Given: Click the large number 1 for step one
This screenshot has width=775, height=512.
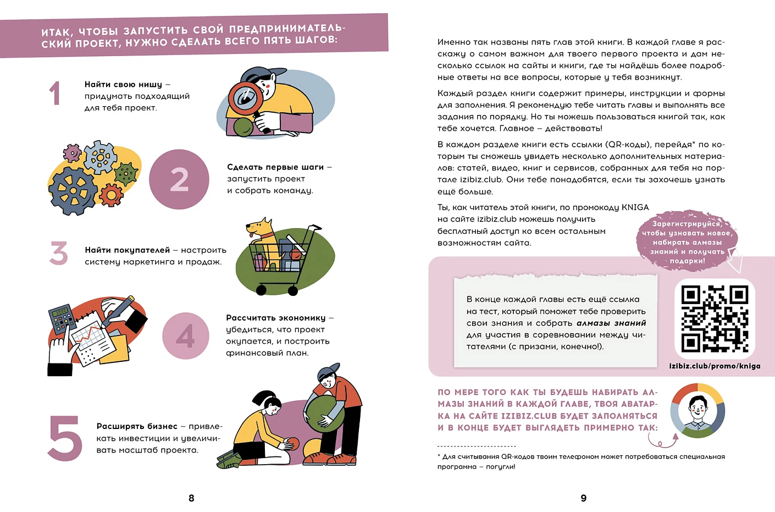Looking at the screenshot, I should [x=54, y=93].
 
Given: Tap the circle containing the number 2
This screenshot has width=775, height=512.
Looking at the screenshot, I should [x=179, y=179].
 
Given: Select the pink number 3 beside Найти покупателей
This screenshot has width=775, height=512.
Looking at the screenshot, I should [x=59, y=253].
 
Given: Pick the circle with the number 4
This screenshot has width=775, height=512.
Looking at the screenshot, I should [x=186, y=335].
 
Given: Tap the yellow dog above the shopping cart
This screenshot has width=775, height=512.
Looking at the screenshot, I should [x=261, y=230].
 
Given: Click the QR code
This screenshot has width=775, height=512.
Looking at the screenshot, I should [x=715, y=318].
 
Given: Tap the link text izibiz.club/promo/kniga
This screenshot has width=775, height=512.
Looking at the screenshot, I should [x=715, y=366].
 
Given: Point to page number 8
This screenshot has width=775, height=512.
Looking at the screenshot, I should [x=191, y=498].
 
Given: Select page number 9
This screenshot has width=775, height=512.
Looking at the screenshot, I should [x=584, y=498].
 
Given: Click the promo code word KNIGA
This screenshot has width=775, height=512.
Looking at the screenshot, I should [x=635, y=207].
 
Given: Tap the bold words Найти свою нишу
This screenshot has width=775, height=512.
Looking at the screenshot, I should [x=123, y=84].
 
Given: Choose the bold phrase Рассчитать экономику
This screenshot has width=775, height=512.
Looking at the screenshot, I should [x=276, y=318].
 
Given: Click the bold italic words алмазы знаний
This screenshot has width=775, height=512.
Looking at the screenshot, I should [x=611, y=323].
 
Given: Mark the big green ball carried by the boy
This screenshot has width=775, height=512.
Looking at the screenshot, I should [x=324, y=411].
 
